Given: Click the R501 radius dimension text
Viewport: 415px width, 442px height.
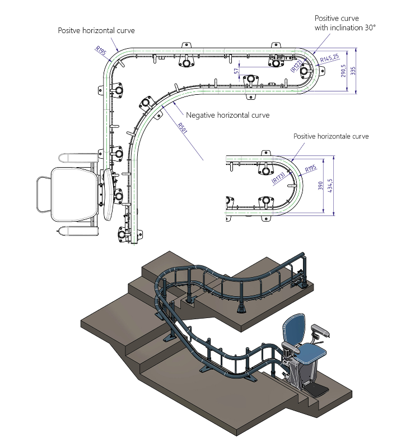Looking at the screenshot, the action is coord(183,128).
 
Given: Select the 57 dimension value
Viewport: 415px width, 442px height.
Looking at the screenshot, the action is coord(236,71).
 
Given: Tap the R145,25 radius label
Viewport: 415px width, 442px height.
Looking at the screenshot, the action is coord(330,58).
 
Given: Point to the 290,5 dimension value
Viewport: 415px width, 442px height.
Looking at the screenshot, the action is coord(343,71).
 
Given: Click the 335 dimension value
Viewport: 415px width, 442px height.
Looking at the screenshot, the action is coord(353,71).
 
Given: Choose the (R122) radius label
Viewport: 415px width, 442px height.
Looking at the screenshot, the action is coord(296,66).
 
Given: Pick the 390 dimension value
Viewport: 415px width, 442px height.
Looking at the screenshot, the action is coord(320,186).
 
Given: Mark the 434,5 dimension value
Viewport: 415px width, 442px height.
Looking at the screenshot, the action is coord(330,186).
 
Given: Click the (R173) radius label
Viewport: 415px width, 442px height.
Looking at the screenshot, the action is coord(278,178).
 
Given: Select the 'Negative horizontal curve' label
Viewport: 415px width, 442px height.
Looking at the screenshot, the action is coord(228,115).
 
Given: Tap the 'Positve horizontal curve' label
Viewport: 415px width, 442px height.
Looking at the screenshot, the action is coord(96,30).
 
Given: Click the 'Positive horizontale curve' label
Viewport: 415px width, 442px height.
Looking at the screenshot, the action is coord(331,136).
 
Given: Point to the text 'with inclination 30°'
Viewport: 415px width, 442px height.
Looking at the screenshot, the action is coord(345,27).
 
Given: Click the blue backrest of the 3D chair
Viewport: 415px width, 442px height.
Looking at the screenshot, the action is coord(293,329).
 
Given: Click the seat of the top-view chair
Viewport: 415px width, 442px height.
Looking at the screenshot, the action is coord(74,195).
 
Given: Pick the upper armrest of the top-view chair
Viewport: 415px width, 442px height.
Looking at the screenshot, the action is coord(78,158).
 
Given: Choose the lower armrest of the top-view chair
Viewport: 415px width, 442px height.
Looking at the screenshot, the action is coord(78,231).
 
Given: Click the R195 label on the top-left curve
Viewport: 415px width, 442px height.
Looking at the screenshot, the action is coord(101,50).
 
